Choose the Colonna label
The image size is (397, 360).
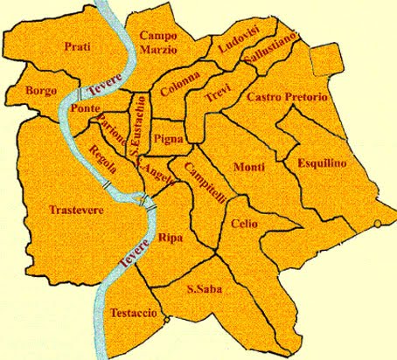point(179,87)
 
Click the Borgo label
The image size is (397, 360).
point(41,90)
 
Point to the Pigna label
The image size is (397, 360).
point(167,139)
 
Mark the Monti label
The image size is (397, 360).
point(249,167)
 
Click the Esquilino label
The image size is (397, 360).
point(322,163)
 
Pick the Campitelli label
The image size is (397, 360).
point(206,180)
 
